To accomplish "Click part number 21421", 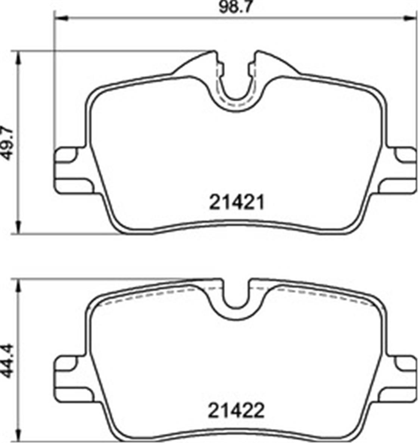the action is (x=237, y=202).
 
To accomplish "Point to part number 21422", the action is (x=236, y=411).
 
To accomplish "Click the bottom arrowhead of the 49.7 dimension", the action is (x=19, y=227).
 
